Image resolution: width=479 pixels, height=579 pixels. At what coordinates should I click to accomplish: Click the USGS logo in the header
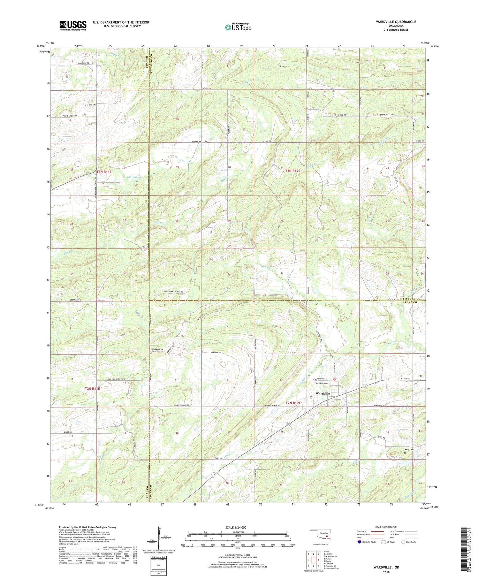(73, 26)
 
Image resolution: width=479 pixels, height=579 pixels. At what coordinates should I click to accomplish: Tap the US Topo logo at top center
(238, 27)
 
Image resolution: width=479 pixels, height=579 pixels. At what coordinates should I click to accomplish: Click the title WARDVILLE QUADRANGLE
(396, 22)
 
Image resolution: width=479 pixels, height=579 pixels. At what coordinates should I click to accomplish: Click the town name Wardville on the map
(323, 393)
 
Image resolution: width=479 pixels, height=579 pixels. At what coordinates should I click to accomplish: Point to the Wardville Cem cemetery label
(322, 383)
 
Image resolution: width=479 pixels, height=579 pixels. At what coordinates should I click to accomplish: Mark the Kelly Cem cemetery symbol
(405, 452)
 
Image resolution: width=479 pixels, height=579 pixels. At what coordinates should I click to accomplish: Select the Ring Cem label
(93, 105)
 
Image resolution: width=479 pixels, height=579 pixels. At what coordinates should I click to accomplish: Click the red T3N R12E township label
(293, 171)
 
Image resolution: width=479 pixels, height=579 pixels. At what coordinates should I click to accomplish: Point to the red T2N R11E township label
(92, 389)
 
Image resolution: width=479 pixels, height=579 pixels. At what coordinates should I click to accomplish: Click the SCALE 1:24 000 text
(236, 527)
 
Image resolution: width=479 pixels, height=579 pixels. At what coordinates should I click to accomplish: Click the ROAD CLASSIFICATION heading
(386, 527)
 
